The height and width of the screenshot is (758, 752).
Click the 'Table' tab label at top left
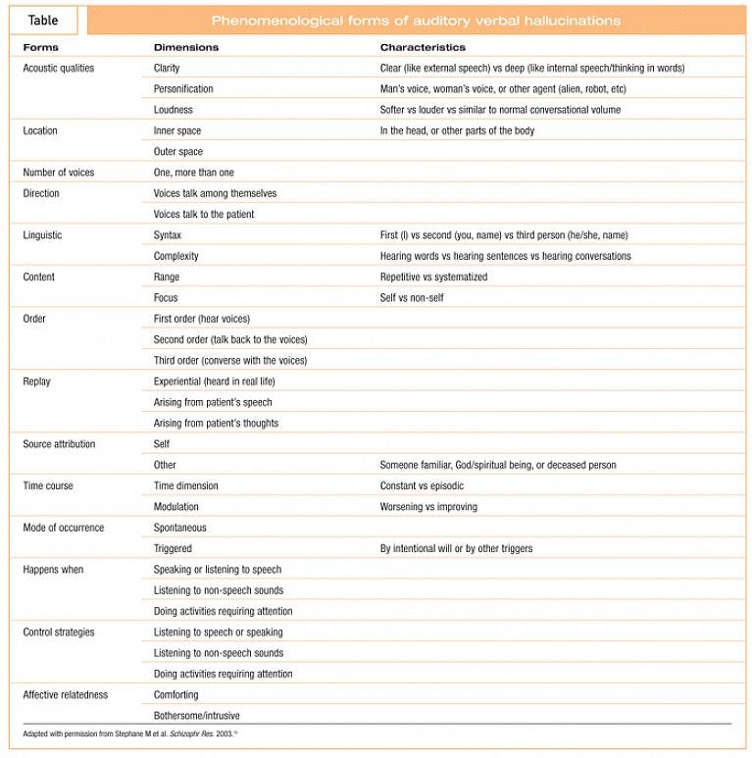pos(43,21)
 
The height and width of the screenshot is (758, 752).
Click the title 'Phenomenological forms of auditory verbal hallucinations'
pos(416,21)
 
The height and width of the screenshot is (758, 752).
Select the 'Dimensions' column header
pos(186,47)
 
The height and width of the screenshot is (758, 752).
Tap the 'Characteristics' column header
pos(423,47)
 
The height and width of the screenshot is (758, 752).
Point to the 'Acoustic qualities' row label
pos(59,69)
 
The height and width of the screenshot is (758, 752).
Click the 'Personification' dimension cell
pos(183,89)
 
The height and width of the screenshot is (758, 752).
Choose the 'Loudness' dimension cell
pos(174,110)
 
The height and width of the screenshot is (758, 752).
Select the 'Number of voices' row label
pos(59,173)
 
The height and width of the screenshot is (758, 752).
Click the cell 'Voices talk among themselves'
pos(215,193)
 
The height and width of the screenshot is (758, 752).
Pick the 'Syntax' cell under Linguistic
pos(168,235)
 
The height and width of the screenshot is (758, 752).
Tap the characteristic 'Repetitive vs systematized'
pos(433,278)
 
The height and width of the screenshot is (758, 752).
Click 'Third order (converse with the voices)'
pos(230,361)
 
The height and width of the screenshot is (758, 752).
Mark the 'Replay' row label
pos(36,381)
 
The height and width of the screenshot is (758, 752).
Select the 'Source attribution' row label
pos(59,444)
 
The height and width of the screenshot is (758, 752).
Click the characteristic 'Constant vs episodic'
pos(422,486)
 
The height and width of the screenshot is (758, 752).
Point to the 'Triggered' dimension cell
pos(173,549)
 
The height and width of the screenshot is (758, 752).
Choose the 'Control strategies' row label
pos(59,632)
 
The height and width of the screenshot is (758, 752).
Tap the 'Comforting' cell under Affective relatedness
pos(176,695)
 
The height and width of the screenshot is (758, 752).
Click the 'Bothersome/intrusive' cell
pos(197,716)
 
